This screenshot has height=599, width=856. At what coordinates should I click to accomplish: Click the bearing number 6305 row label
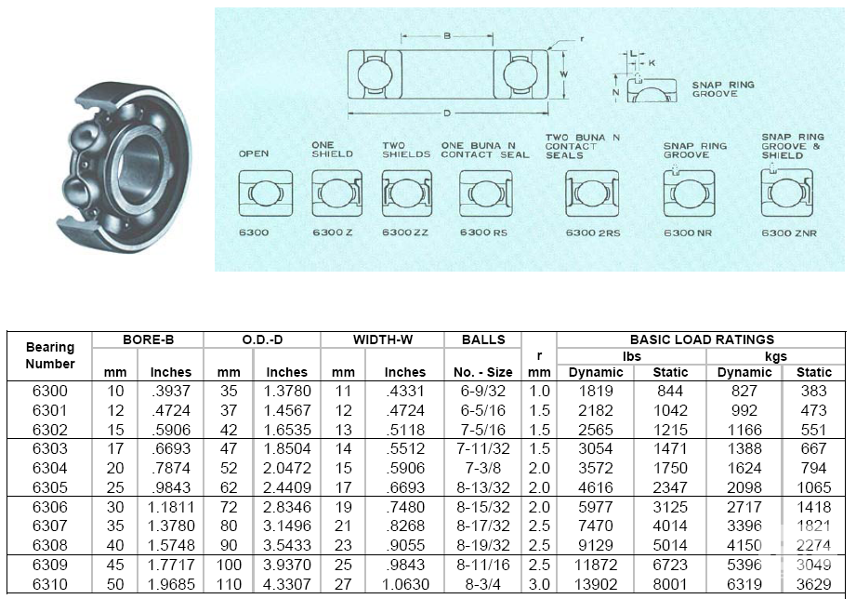pos(49,487)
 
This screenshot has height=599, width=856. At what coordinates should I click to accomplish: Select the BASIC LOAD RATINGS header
pos(701,339)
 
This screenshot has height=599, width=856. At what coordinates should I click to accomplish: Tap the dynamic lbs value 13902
pos(595,584)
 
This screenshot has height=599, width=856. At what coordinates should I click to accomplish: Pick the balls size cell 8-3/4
pos(482,584)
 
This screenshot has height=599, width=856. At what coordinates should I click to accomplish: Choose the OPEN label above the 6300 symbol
pos(254,153)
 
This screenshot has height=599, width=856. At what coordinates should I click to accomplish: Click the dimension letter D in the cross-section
pos(448,113)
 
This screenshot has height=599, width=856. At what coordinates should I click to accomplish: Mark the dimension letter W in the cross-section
pos(564,72)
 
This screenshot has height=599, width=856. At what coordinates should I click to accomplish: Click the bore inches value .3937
pos(170,391)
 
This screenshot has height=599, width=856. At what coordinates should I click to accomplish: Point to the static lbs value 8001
pos(670,584)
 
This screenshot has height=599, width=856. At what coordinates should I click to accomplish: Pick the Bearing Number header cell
pos(50,355)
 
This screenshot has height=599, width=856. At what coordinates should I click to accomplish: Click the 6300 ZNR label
pos(788,233)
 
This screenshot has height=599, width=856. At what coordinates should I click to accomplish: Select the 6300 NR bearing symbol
pos(688,193)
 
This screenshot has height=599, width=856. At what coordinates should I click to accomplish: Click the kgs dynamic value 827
pos(744,391)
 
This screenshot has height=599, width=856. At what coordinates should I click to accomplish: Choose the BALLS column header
pos(482,339)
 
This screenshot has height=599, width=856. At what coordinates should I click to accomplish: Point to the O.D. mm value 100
pos(229,565)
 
